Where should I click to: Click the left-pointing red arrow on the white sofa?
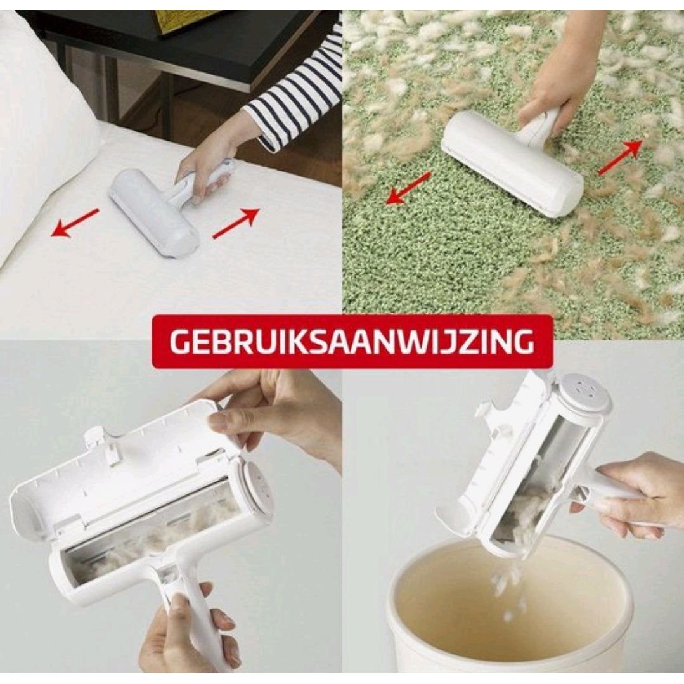click(x=75, y=223)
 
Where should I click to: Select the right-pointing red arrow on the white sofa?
click(x=236, y=223)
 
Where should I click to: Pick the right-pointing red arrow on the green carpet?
click(x=621, y=157)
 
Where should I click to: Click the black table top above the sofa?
click(x=174, y=41)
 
